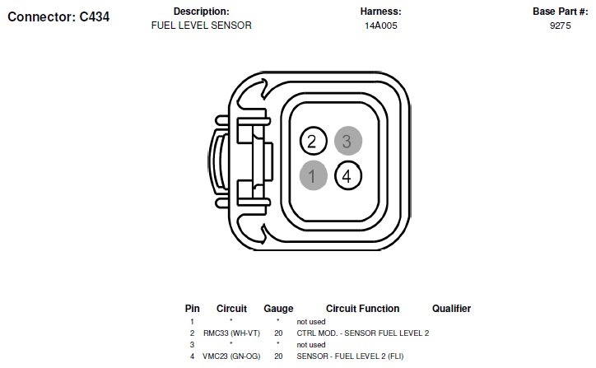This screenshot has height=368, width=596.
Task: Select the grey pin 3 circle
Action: coord(348,141)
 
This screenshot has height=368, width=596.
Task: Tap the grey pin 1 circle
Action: coord(313,175)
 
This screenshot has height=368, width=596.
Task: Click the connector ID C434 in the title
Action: coord(95,16)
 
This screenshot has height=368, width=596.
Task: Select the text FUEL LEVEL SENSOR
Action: coord(202,26)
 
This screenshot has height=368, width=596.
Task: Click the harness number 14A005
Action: coord(381,26)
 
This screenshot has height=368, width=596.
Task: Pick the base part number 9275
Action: coord(561,26)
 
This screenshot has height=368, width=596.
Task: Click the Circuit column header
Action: coord(231,309)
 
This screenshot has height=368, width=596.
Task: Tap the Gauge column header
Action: coord(278,309)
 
